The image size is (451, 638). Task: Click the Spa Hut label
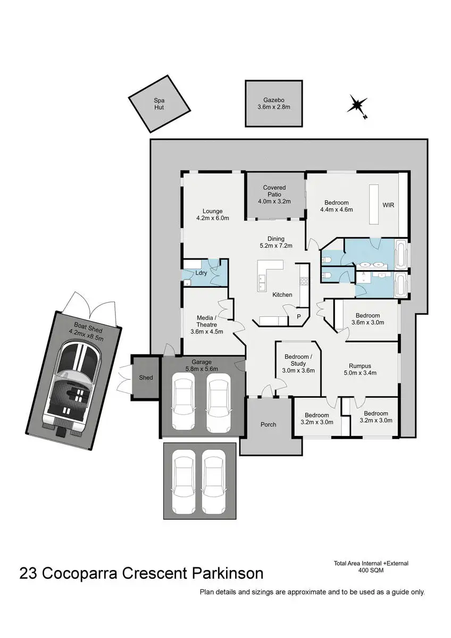(x=159, y=103)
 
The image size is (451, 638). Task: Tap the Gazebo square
(x=274, y=103)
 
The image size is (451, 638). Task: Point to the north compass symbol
(x=357, y=104)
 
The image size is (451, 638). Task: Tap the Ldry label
(x=202, y=273)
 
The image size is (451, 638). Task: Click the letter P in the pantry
(x=298, y=317)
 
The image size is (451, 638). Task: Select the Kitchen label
(x=282, y=295)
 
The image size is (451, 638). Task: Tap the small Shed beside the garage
(x=146, y=377)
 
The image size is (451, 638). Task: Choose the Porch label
(x=269, y=424)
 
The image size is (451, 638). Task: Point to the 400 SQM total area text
(x=371, y=570)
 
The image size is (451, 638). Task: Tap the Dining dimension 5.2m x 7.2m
(x=276, y=246)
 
